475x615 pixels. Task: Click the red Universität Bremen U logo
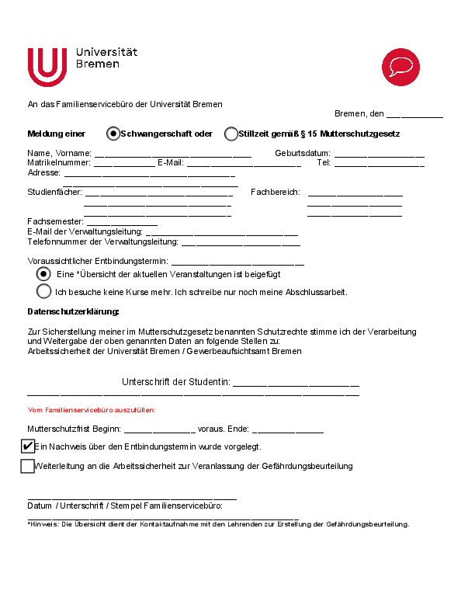[x=48, y=67]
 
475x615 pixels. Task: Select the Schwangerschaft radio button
[x=113, y=134]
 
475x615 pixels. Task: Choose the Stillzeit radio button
[x=231, y=134]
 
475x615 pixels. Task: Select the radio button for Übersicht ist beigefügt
[x=44, y=274]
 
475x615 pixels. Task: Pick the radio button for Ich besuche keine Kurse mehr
[x=44, y=292]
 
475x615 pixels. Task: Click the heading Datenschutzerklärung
[x=74, y=311]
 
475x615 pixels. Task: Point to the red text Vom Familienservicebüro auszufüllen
[x=92, y=410]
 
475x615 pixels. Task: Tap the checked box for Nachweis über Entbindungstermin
[x=28, y=446]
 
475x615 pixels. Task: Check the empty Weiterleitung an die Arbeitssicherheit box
[x=28, y=466]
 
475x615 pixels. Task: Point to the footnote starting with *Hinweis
[x=218, y=524]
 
